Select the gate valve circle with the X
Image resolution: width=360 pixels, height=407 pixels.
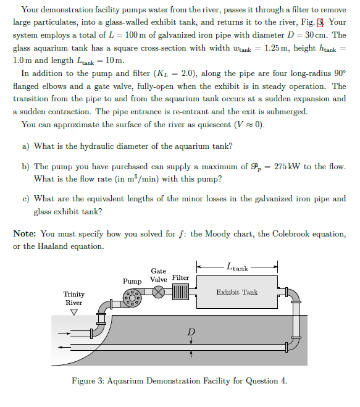pyautogui.click(x=159, y=292)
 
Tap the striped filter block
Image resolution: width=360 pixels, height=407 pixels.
pyautogui.click(x=181, y=292)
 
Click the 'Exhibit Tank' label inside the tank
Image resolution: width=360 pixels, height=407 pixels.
pyautogui.click(x=237, y=292)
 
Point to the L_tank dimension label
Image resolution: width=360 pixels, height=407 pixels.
pyautogui.click(x=238, y=267)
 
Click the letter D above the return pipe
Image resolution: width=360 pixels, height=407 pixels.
pyautogui.click(x=191, y=332)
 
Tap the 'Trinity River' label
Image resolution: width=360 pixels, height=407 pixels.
pyautogui.click(x=74, y=298)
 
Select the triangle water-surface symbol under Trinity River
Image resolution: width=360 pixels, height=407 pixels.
pyautogui.click(x=73, y=311)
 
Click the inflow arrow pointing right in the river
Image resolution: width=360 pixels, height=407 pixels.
pyautogui.click(x=62, y=337)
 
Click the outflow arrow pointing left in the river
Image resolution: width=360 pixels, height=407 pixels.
pyautogui.click(x=62, y=348)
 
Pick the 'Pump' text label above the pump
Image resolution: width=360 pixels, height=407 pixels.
pyautogui.click(x=132, y=281)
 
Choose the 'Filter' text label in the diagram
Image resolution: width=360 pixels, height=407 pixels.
pyautogui.click(x=180, y=277)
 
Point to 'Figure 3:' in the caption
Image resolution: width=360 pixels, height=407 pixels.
pyautogui.click(x=88, y=380)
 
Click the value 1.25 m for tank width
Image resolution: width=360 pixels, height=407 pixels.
pyautogui.click(x=274, y=48)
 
